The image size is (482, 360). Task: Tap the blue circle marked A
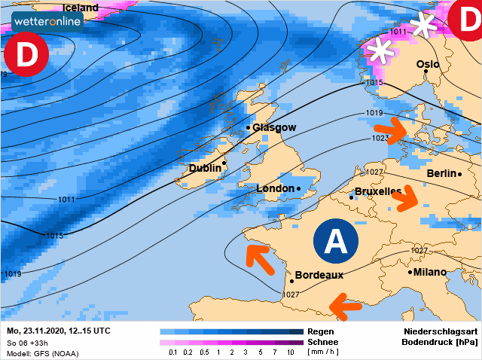pyautogui.click(x=335, y=241)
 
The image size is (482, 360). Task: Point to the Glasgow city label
pyautogui.click(x=274, y=128)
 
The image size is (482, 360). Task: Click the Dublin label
pyautogui.click(x=205, y=168)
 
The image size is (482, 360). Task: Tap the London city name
pyautogui.click(x=275, y=188)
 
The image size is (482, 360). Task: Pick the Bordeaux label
pyautogui.click(x=319, y=275)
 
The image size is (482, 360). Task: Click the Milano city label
pyautogui.click(x=429, y=272)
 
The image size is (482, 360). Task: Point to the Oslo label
pyautogui.click(x=428, y=65)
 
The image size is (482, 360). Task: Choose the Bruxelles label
pyautogui.click(x=378, y=192)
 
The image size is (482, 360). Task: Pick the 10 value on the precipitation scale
pyautogui.click(x=290, y=352)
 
